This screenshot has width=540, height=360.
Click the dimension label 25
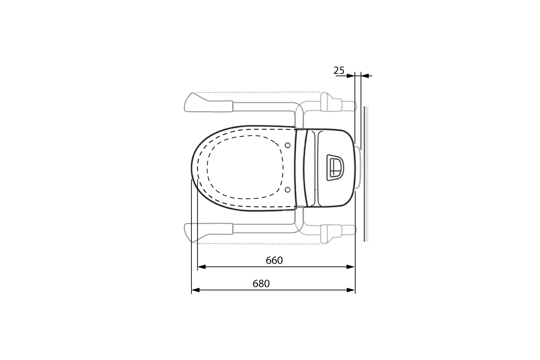point(339,71)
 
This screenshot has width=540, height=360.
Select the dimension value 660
point(274,261)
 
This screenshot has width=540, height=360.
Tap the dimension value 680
point(261,284)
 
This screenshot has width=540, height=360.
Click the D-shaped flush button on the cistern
point(336,167)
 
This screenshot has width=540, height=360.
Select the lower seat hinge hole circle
point(288,189)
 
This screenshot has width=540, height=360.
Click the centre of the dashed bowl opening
point(245,167)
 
